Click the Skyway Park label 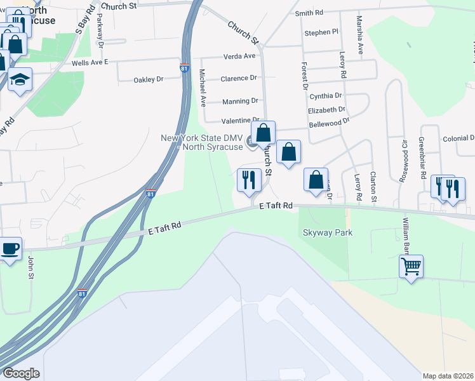click(x=327, y=233)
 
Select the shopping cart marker click(x=411, y=265)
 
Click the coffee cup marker click(x=11, y=248)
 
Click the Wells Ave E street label click(x=90, y=63)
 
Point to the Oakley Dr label click(x=148, y=80)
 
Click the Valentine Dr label click(x=241, y=121)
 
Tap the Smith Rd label click(x=309, y=13)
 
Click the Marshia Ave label click(x=360, y=39)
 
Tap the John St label click(x=30, y=267)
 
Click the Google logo click(x=21, y=373)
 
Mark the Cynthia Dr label click(x=326, y=96)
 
